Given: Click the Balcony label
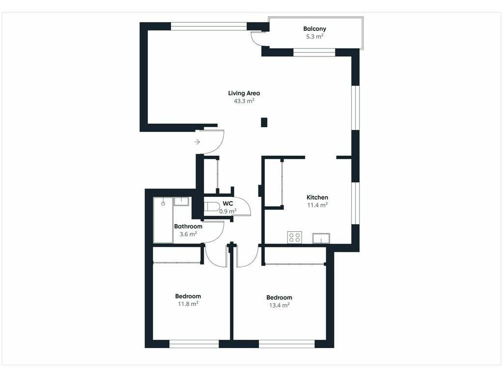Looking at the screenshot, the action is (314, 28).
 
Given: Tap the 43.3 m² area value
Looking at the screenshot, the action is (244, 101).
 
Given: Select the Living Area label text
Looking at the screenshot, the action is (244, 93).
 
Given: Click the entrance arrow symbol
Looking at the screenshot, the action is (197, 142).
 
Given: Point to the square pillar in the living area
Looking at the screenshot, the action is (264, 122).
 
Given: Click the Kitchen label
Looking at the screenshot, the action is (317, 197).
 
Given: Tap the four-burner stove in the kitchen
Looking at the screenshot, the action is (295, 237).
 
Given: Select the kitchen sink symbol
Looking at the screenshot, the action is (321, 238).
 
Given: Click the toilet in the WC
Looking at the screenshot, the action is (210, 207).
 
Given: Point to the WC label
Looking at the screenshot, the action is (228, 204).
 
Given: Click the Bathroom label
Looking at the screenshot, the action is (188, 226).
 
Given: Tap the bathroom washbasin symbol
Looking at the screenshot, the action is (181, 201).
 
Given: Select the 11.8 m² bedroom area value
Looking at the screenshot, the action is (188, 303).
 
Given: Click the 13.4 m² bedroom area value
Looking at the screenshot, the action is (279, 305).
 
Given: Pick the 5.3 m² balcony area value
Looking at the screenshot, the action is (314, 36).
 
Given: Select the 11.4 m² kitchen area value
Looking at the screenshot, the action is (317, 205).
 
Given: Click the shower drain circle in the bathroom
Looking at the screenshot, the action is (163, 204).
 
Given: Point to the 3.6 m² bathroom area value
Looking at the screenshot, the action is (188, 234).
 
